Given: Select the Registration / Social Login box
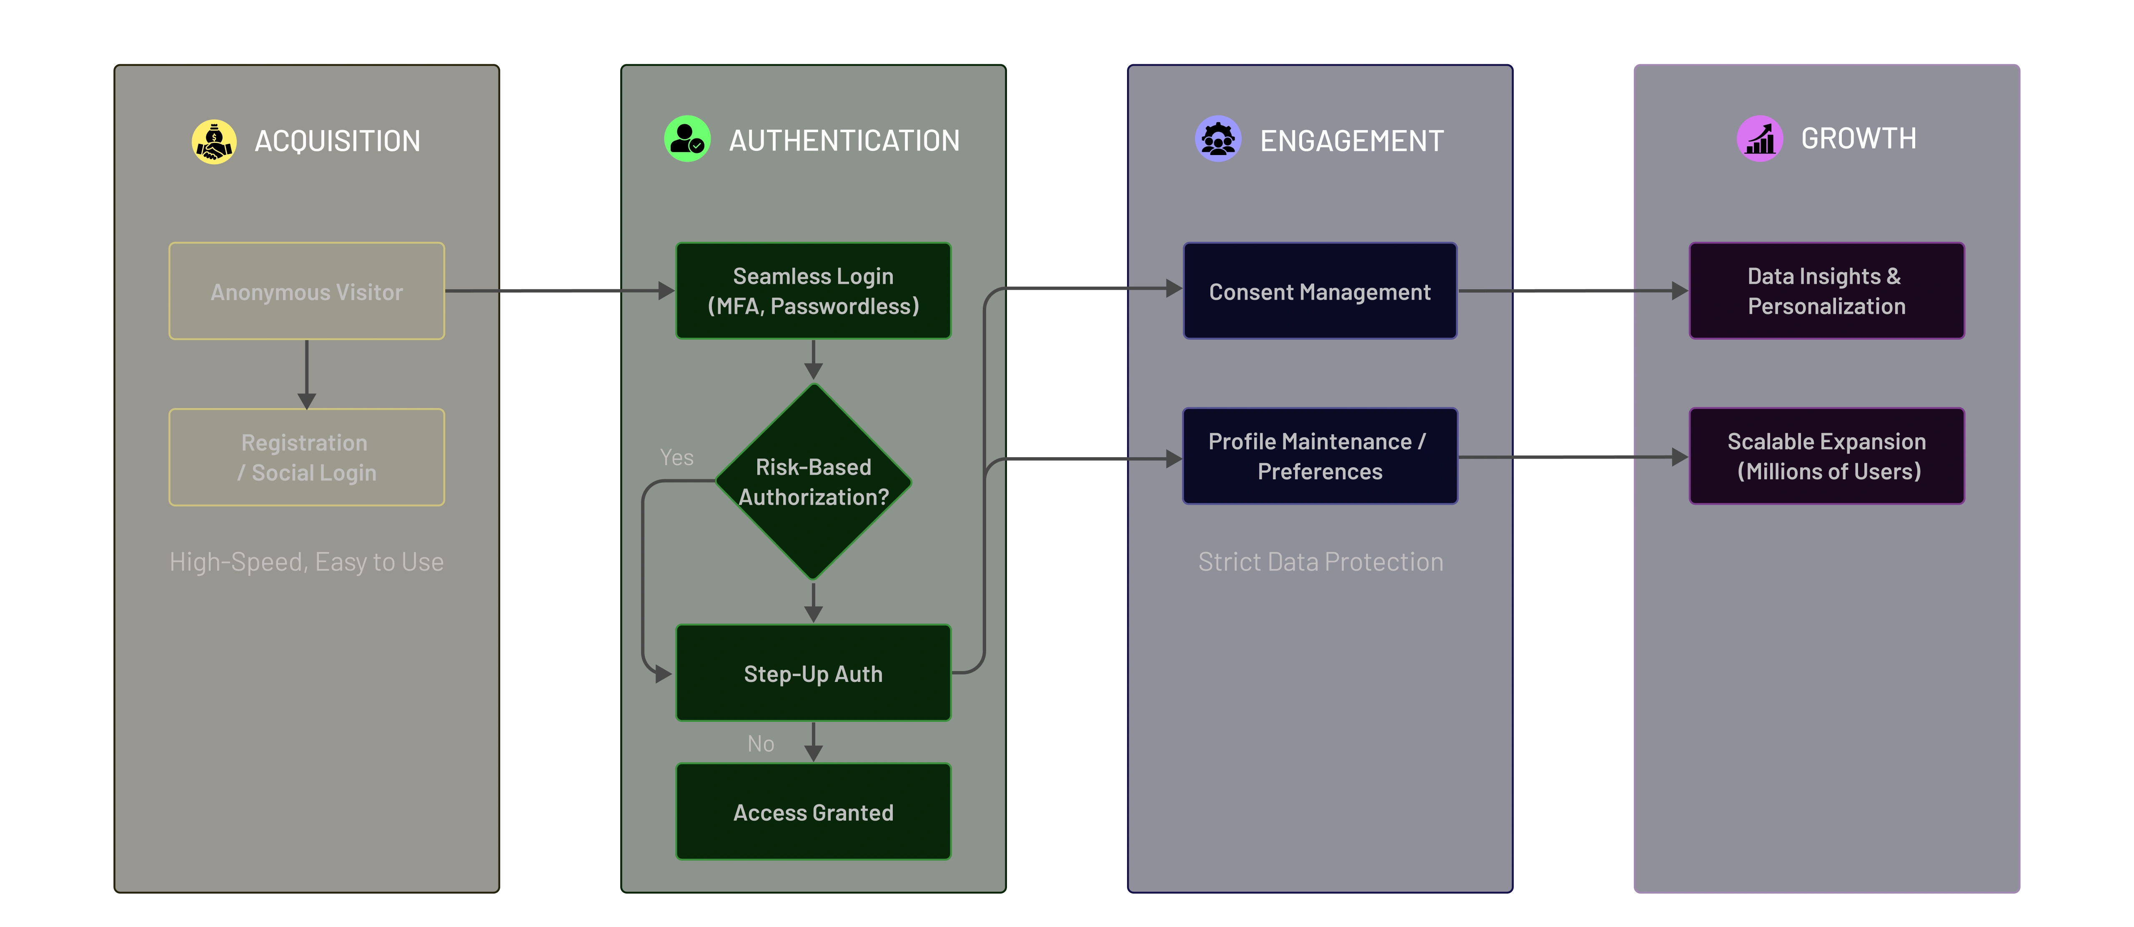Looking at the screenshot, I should (306, 457).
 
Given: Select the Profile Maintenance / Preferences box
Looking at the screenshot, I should (1320, 456).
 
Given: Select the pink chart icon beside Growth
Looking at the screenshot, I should (1759, 138).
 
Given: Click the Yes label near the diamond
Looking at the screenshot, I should (676, 457).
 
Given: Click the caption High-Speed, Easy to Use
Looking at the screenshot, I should (306, 562).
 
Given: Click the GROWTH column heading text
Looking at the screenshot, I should (1858, 138).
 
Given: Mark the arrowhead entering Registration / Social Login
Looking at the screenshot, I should (306, 401).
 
